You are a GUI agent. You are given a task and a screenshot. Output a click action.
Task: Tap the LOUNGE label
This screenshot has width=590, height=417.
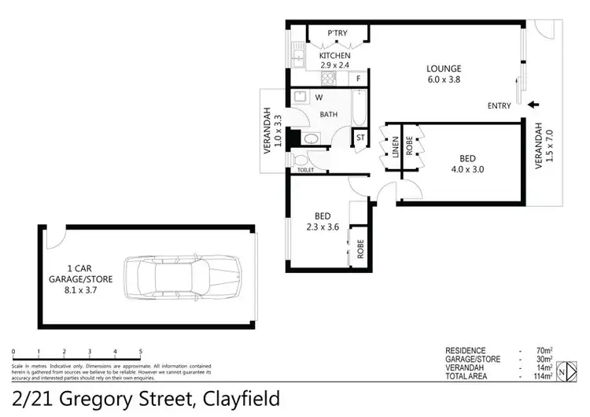point(445,68)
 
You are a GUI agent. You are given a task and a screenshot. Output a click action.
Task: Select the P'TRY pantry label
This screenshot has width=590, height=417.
point(338,33)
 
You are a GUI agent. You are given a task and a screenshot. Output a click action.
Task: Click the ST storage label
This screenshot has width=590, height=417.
point(360,138)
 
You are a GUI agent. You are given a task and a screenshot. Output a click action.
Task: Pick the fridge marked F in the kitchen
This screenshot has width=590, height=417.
point(358,79)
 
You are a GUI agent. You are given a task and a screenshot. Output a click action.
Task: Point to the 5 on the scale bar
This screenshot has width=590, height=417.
point(140,352)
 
